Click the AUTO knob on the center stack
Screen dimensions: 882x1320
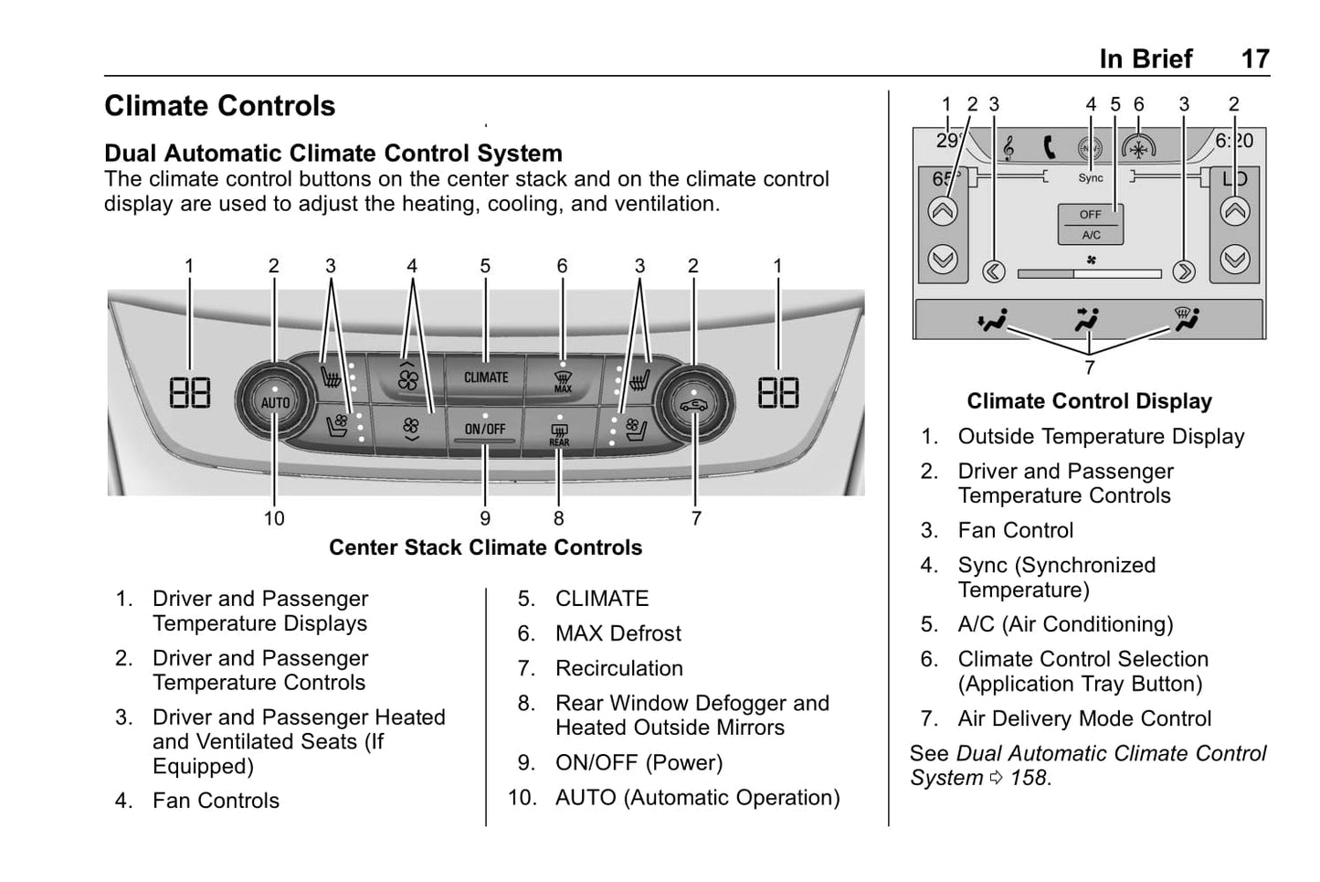tap(275, 402)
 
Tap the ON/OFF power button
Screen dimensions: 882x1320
tap(485, 430)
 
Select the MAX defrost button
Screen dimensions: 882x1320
tap(563, 379)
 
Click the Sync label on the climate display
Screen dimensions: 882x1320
tap(1091, 178)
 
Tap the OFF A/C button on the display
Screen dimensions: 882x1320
tap(1091, 224)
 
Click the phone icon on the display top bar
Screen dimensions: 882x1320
tap(1049, 147)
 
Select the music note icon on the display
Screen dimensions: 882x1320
tap(1008, 148)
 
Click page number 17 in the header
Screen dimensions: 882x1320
tap(1255, 59)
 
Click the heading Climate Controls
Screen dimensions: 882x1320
tap(220, 106)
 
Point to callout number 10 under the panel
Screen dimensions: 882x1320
tap(274, 519)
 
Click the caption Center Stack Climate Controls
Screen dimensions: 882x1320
tap(485, 547)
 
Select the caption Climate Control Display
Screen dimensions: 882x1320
tap(1089, 401)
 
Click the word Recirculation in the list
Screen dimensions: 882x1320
tap(618, 668)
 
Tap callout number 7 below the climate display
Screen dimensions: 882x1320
tap(1089, 367)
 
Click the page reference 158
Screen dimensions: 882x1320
tap(1029, 778)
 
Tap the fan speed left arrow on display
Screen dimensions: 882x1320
tap(994, 271)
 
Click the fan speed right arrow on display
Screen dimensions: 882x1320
tap(1183, 271)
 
